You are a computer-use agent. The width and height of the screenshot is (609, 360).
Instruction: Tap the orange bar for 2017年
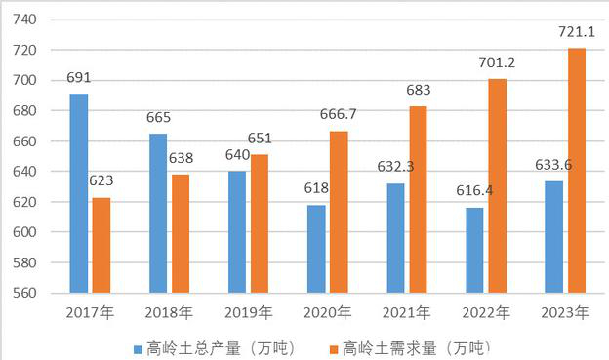101,245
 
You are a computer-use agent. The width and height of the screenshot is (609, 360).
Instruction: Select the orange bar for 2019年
262,223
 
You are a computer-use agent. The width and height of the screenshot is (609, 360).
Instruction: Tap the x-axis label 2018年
169,313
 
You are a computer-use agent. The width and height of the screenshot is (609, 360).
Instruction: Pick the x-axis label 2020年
329,313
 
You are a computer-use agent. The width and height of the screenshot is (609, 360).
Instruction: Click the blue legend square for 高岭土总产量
140,347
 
